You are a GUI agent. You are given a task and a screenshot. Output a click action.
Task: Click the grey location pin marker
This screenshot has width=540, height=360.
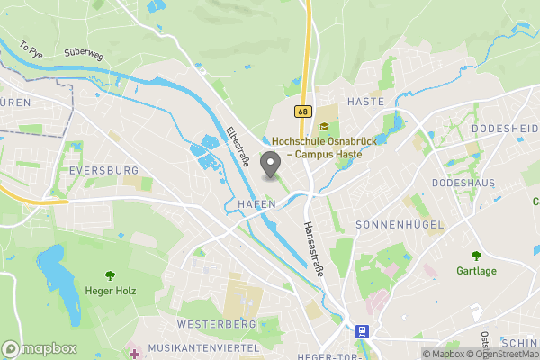pos(269,166)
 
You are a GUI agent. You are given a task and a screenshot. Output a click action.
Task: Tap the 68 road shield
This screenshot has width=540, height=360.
pos(301,112)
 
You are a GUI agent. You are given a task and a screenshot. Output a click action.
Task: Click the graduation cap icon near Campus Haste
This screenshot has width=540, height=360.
pos(323,125)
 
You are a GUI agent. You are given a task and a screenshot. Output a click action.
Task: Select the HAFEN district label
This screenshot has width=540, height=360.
pos(256,205)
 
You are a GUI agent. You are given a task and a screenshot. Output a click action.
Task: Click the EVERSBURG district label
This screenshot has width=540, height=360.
pos(103,170)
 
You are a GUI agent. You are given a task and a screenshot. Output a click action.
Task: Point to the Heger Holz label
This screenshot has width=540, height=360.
pos(110,290)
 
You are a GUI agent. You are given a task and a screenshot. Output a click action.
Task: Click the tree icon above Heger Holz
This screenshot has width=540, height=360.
pos(110,275)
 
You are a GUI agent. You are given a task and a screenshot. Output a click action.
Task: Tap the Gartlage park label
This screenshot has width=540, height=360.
pos(476,270)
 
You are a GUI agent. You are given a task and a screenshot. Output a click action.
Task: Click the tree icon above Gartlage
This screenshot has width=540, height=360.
pos(476,256)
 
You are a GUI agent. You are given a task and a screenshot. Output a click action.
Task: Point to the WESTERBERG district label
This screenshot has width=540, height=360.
pos(216,323)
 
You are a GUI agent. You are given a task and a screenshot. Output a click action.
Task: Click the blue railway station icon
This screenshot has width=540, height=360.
pos(362,331)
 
